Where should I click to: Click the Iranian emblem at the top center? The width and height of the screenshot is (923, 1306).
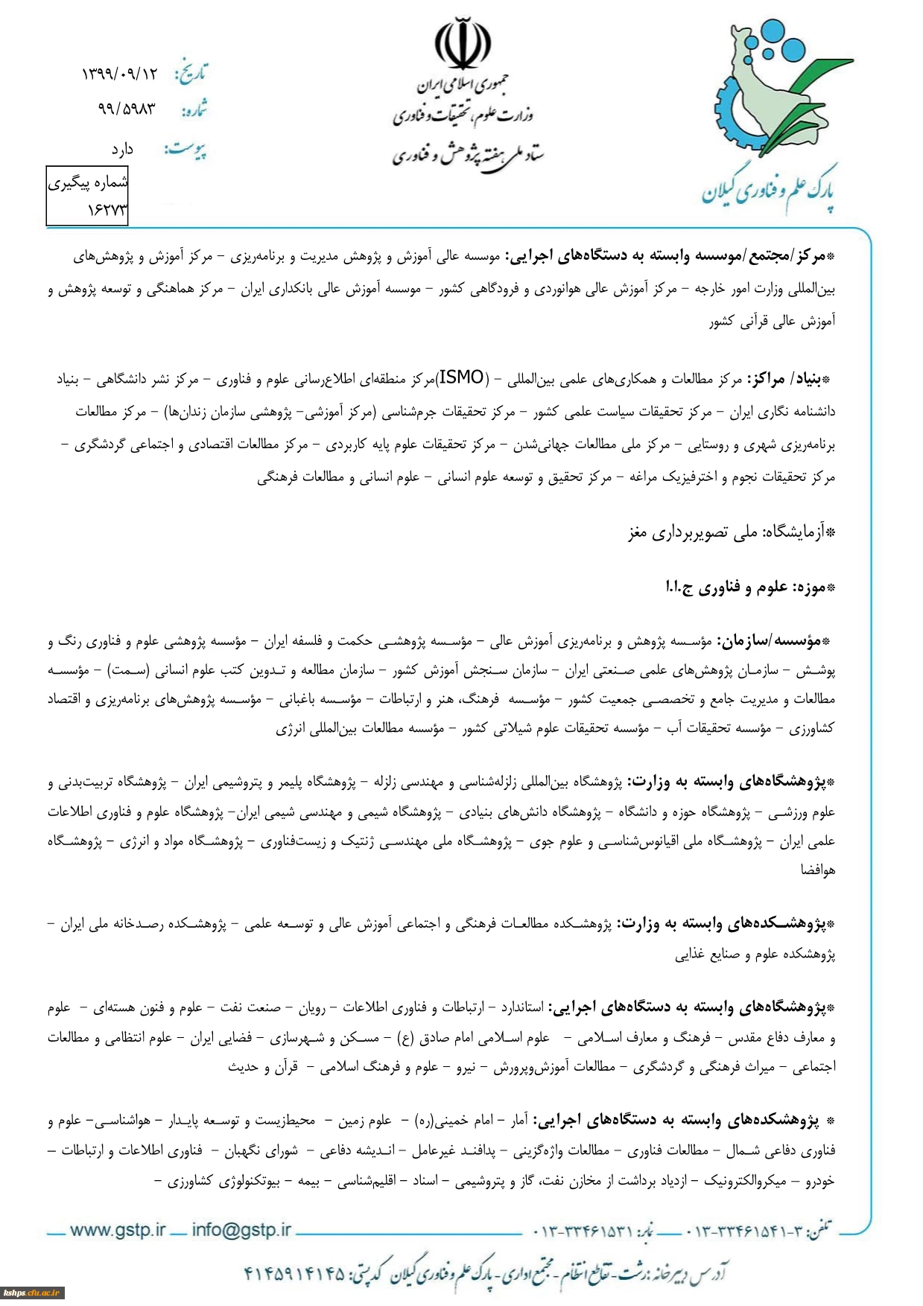pyautogui.click(x=463, y=43)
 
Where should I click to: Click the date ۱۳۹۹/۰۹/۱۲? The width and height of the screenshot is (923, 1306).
pyautogui.click(x=120, y=74)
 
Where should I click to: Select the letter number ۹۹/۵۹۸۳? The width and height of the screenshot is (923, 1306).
pyautogui.click(x=127, y=109)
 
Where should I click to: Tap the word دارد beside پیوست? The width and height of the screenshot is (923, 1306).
pyautogui.click(x=121, y=150)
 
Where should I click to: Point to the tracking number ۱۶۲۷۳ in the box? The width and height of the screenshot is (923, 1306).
pyautogui.click(x=107, y=211)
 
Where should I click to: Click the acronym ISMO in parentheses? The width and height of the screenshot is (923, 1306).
pyautogui.click(x=462, y=378)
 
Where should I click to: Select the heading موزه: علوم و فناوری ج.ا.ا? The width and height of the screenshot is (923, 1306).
pyautogui.click(x=749, y=587)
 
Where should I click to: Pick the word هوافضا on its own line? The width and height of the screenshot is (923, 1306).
pyautogui.click(x=818, y=870)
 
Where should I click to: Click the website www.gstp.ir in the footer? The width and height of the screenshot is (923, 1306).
pyautogui.click(x=118, y=1230)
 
